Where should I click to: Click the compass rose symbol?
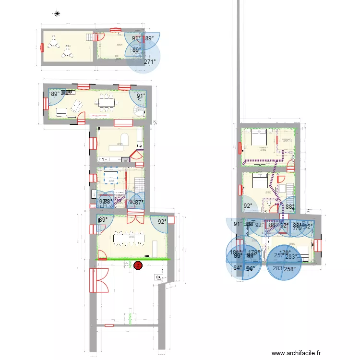pyautogui.click(x=57, y=13)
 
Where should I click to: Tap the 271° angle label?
pyautogui.click(x=150, y=61)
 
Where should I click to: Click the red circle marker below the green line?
pyautogui.click(x=139, y=264)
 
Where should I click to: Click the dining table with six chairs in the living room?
pyautogui.click(x=107, y=101)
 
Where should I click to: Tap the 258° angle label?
pyautogui.click(x=289, y=270)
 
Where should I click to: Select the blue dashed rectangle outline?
pyautogui.click(x=111, y=175)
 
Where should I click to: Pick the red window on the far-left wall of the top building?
pyautogui.click(x=42, y=47)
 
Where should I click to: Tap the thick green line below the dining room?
pyautogui.click(x=133, y=260)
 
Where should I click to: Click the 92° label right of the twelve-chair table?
pyautogui.click(x=163, y=222)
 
